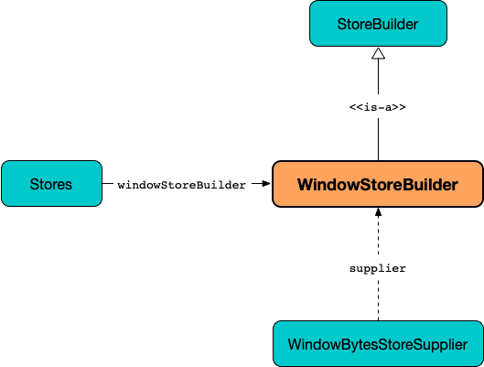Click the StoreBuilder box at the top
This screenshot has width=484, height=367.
pos(378,24)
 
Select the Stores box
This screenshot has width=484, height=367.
pos(51,184)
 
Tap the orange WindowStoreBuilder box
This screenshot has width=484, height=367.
pos(378,185)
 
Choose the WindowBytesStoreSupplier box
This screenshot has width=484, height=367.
pos(378,344)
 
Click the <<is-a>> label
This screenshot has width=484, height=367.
pos(378,106)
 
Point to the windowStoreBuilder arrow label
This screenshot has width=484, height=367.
pos(181,185)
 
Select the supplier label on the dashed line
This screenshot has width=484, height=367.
pos(378,268)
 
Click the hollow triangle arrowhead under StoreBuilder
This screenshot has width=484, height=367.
pos(378,54)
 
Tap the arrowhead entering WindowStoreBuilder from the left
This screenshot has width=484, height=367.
pos(266,184)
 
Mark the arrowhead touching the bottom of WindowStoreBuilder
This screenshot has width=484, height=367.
pos(378,213)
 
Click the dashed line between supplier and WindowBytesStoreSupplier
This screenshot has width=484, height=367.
pos(378,299)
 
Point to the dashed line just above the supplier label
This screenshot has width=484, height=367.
pos(378,240)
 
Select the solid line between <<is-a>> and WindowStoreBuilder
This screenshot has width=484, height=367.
pos(378,137)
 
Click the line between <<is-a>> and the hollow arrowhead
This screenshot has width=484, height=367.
pos(378,80)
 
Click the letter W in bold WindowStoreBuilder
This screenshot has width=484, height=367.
pos(306,185)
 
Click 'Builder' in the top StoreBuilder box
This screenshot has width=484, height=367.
pos(398,24)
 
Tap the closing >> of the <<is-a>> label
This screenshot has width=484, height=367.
pos(399,106)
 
